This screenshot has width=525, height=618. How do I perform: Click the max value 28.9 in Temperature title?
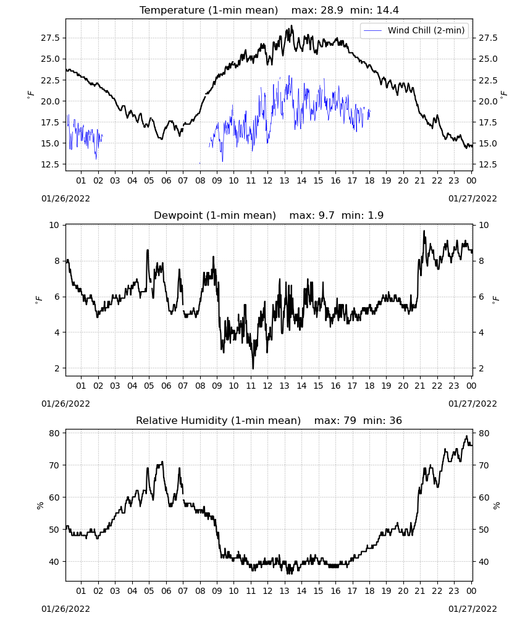[x=332, y=10]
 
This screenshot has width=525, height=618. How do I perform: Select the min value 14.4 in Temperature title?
[x=387, y=10]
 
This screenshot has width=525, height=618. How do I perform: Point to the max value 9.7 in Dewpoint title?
[x=327, y=215]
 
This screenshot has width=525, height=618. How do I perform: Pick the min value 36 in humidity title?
[x=395, y=420]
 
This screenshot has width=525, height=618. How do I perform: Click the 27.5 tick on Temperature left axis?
[x=51, y=38]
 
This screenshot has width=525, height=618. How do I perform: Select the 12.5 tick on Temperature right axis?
[x=488, y=164]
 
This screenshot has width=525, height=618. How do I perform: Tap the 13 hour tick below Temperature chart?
[x=284, y=180]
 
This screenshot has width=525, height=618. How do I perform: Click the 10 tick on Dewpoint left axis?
[x=54, y=225]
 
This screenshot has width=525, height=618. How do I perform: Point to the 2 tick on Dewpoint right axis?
[x=481, y=368]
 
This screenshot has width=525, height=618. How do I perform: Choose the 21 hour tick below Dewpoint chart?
[x=420, y=386]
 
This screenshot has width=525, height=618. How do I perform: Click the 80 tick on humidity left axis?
[x=54, y=433]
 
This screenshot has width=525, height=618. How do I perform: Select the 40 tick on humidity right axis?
[x=484, y=562]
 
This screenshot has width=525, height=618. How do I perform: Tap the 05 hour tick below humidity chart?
[x=149, y=591]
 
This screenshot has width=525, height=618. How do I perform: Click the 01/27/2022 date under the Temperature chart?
[x=472, y=198]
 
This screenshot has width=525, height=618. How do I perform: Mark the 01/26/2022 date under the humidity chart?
[x=65, y=609]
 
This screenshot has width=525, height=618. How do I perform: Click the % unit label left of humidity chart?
[x=40, y=506]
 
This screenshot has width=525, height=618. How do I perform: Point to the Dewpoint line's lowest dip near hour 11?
[x=253, y=368]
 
